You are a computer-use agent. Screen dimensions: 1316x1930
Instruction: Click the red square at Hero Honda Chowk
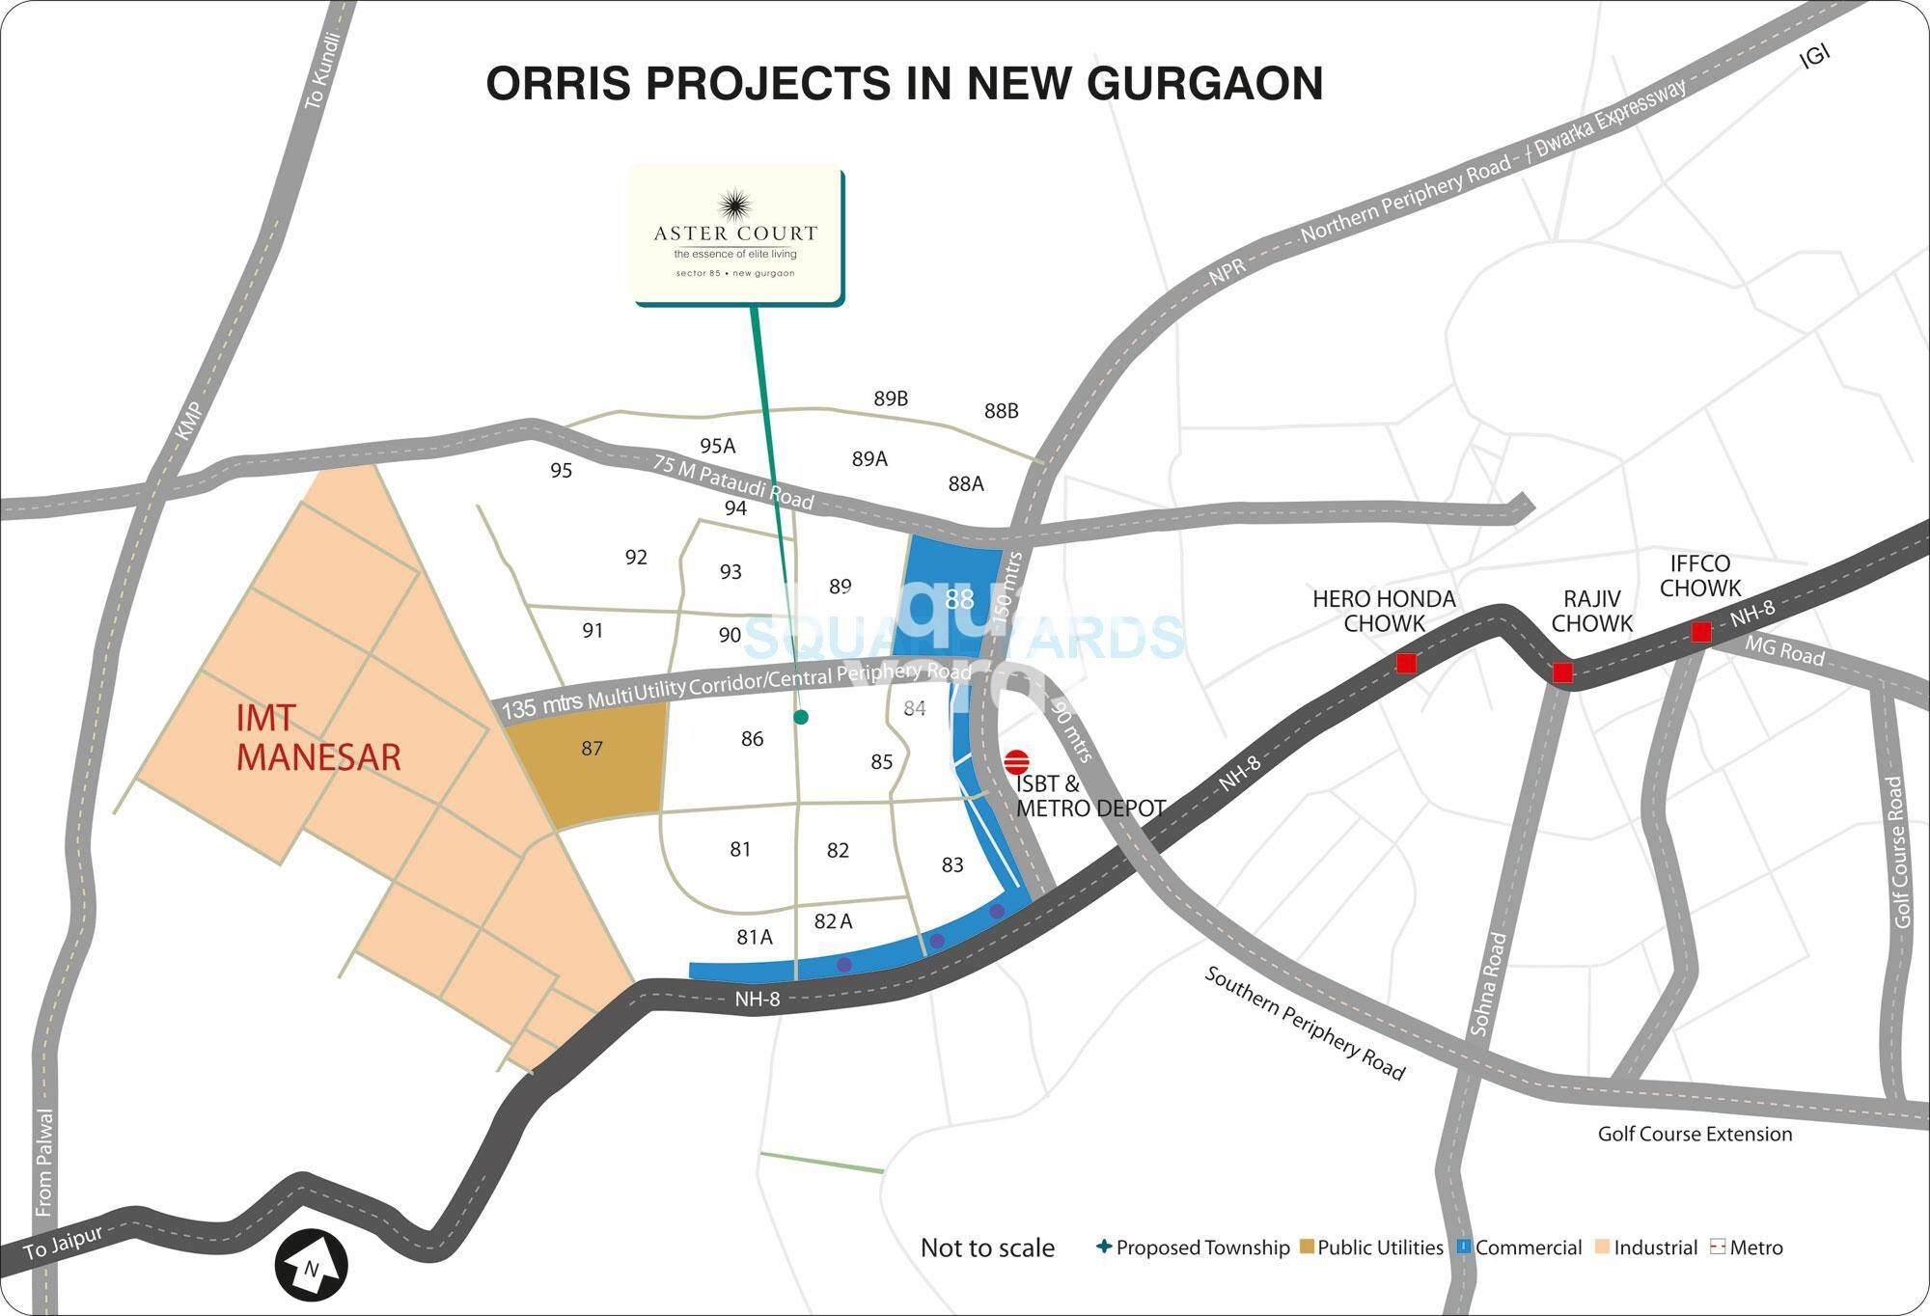point(1406,663)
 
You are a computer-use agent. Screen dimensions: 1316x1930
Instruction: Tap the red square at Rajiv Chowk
point(1562,672)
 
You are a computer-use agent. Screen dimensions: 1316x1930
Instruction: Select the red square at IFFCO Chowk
point(1701,632)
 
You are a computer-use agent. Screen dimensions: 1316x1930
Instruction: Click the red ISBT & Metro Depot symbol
point(1016,762)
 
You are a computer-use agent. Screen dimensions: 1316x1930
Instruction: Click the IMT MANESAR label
point(317,738)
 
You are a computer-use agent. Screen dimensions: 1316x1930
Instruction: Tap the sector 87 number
point(592,749)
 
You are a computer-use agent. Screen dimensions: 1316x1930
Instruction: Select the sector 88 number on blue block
point(959,599)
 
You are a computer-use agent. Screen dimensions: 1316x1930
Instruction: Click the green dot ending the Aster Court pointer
point(800,717)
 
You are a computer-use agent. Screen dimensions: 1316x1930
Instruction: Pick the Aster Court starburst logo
point(735,205)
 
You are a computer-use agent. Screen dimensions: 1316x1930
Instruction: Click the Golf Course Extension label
point(1695,1134)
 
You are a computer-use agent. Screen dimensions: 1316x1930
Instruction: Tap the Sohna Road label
point(1487,984)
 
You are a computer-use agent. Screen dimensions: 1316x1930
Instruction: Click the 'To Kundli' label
point(322,70)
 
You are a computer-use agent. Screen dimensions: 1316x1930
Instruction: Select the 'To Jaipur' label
point(63,1243)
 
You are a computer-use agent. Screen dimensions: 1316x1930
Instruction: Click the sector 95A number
point(717,446)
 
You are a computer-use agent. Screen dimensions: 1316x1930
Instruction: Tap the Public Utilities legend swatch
point(1307,1247)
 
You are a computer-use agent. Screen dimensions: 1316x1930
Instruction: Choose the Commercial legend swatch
point(1464,1247)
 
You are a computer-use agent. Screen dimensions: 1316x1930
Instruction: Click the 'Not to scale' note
point(987,1247)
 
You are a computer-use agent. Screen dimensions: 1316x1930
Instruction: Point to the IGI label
point(1814,56)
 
